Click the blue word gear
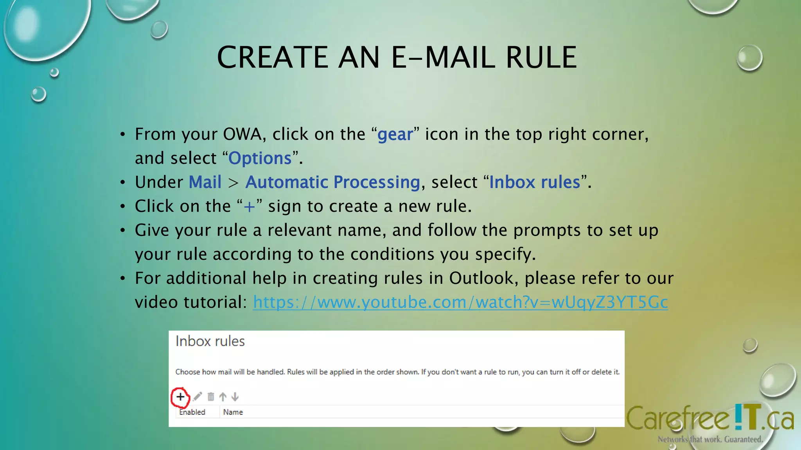395,135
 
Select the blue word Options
260,158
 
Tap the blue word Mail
205,182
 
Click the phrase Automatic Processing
332,182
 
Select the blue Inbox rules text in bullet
535,182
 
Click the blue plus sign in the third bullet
249,207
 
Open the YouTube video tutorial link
460,302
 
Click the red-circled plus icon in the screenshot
180,397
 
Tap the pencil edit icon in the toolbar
198,397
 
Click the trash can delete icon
211,397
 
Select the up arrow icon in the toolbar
223,397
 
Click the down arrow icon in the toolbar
235,397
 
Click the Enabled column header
192,412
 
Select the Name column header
233,412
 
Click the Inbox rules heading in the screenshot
210,341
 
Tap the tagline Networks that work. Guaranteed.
710,439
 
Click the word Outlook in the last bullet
483,279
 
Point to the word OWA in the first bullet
242,134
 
